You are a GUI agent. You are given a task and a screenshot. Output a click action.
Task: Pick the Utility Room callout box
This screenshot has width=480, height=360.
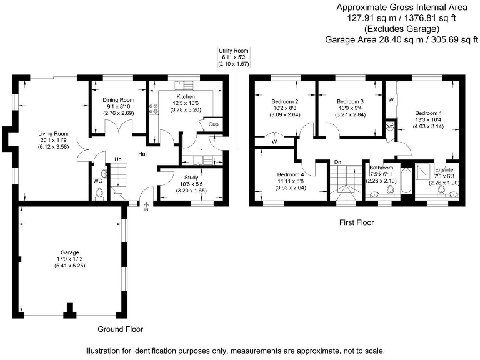click(232, 56)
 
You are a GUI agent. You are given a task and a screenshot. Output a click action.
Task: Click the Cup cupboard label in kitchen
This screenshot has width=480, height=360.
click(213, 124)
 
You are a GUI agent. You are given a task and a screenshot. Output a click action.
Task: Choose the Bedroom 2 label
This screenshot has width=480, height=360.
click(284, 101)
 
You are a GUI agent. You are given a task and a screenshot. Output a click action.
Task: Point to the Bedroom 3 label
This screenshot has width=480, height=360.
click(350, 101)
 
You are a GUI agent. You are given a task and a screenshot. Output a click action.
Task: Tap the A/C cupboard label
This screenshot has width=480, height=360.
click(391, 126)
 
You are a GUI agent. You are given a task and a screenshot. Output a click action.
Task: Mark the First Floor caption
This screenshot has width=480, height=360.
click(356, 222)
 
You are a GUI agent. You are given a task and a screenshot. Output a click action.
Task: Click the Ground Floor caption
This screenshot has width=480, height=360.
click(121, 329)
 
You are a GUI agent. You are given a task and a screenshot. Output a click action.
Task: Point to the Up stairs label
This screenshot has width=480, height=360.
click(117, 159)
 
